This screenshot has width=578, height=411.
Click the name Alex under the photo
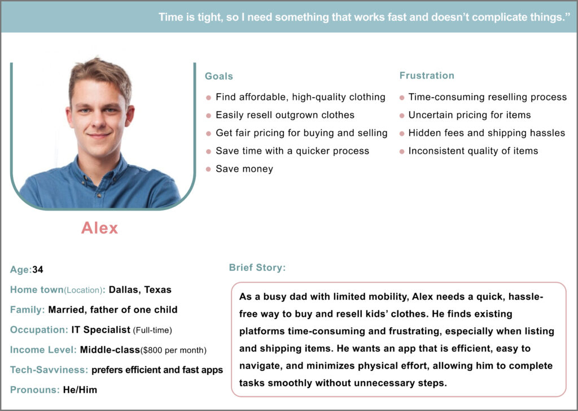pyautogui.click(x=100, y=228)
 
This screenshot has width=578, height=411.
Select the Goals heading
pyautogui.click(x=218, y=76)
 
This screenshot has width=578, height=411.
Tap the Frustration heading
pyautogui.click(x=427, y=76)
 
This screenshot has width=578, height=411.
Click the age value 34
pyautogui.click(x=38, y=270)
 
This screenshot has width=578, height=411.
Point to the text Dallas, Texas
pyautogui.click(x=140, y=290)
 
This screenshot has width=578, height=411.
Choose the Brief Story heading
pyautogui.click(x=257, y=268)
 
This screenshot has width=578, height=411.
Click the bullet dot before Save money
pyautogui.click(x=208, y=169)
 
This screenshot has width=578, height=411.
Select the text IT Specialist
pyautogui.click(x=100, y=330)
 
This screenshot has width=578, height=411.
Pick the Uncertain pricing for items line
pyautogui.click(x=470, y=115)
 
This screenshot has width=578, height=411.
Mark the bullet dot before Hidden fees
pyautogui.click(x=401, y=133)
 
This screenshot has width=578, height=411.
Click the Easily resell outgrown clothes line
pyautogui.click(x=285, y=115)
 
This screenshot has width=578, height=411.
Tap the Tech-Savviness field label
pyautogui.click(x=49, y=370)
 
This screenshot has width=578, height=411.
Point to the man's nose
pyautogui.click(x=99, y=120)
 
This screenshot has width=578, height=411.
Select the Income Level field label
pyautogui.click(x=43, y=350)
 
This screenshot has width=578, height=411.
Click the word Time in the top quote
pyautogui.click(x=170, y=17)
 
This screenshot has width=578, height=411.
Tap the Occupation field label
pyautogui.click(x=38, y=330)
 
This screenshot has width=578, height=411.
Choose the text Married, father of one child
pyautogui.click(x=113, y=310)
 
